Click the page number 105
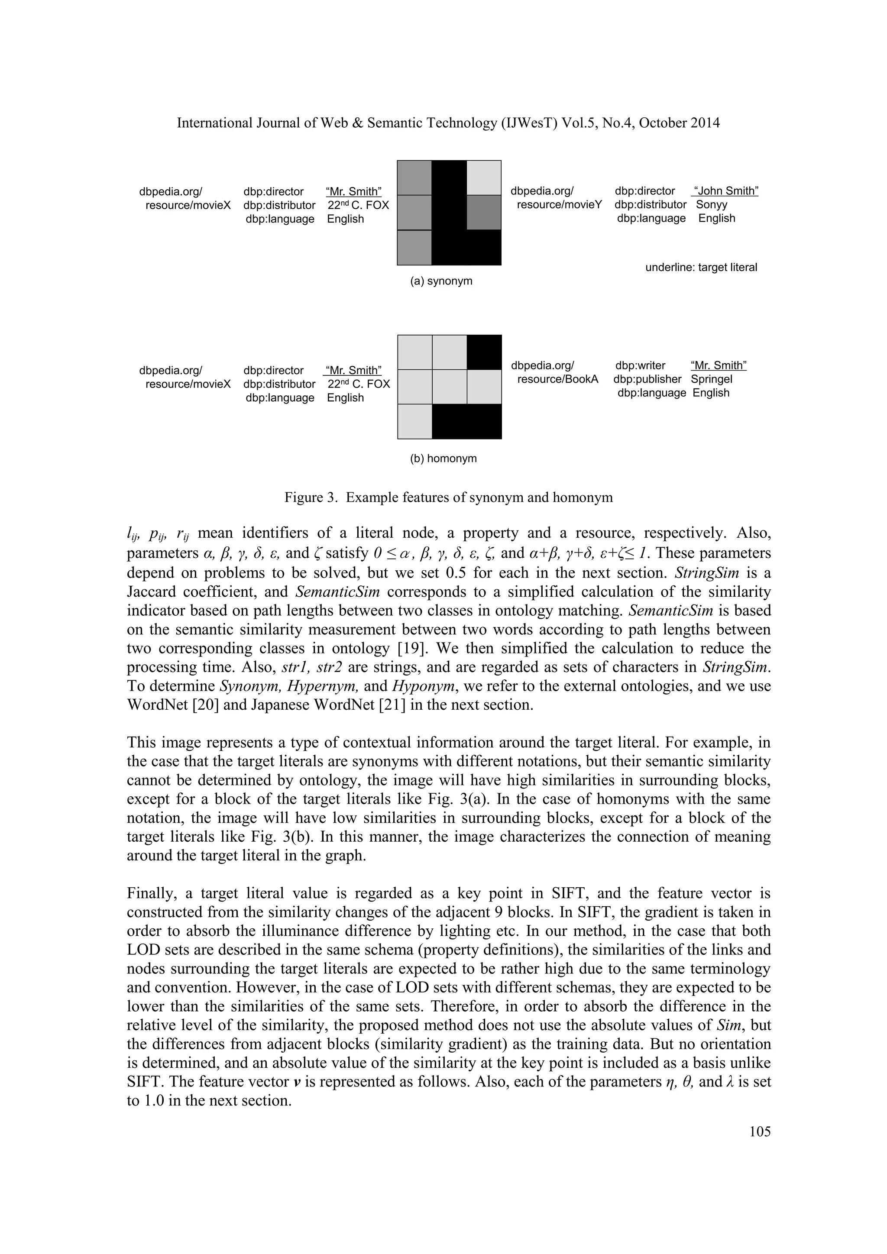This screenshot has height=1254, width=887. (760, 1131)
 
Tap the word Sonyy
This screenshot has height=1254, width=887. (711, 205)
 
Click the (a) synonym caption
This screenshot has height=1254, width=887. (441, 281)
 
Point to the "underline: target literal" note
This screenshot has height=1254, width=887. (701, 268)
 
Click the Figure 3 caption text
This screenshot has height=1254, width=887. (448, 498)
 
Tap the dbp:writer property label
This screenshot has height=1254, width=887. (640, 365)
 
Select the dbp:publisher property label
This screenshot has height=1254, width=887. (647, 379)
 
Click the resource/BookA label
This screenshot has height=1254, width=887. (558, 379)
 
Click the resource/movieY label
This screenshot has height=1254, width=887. (559, 205)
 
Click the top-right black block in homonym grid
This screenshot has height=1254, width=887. (484, 352)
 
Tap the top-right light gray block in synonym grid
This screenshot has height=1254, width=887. (484, 178)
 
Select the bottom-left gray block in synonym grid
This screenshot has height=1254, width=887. (414, 247)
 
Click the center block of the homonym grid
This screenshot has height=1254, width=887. (449, 387)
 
